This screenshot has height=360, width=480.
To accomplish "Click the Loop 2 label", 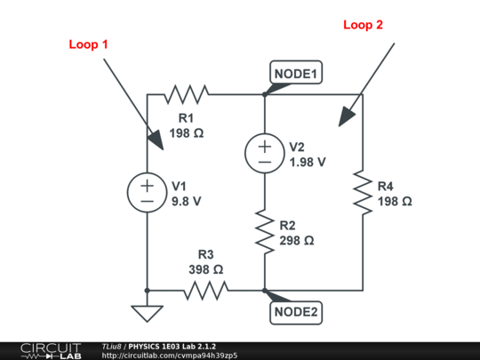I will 363,25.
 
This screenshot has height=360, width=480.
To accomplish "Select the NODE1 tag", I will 296,74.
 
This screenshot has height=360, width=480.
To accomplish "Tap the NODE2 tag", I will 296,312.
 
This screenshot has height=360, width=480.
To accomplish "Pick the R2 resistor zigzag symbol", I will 265,230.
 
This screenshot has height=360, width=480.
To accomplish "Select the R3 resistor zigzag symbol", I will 205,290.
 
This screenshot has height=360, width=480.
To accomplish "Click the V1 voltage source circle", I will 147,192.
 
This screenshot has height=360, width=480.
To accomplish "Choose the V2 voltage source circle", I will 265,153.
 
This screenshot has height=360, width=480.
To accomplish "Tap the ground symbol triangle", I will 147,313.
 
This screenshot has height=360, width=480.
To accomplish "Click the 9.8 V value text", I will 187,201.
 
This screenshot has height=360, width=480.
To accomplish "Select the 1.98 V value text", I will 308,162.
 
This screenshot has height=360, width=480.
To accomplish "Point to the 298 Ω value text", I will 296,240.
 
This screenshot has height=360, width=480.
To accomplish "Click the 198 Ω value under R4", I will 395,202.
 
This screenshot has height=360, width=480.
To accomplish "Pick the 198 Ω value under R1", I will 187,134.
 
